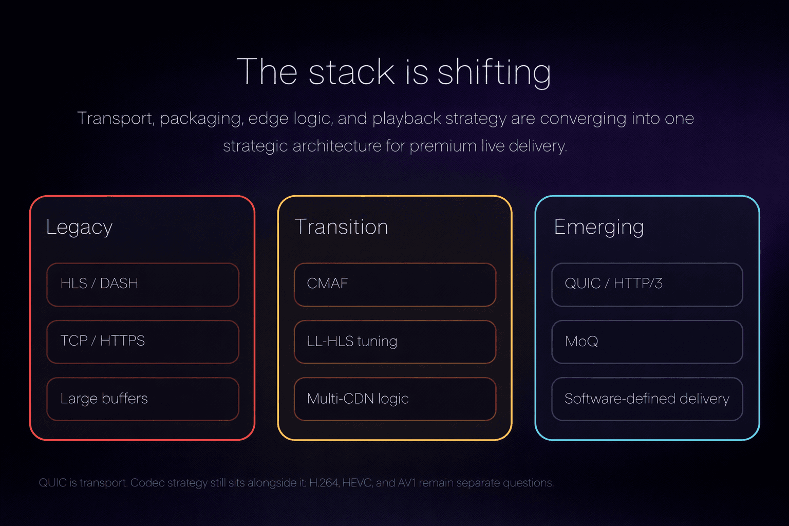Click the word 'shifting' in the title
pos(494,72)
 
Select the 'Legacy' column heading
pos(79,227)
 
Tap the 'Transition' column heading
pos(341,227)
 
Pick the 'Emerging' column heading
pos(598,227)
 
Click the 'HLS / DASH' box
pos(143,285)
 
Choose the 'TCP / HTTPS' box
pos(143,342)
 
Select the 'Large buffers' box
pos(143,399)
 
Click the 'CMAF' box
pos(394,285)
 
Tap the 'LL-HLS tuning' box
pos(394,342)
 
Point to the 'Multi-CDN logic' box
pos(394,399)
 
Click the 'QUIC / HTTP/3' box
pos(647,285)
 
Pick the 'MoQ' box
pos(647,342)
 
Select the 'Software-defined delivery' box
pos(647,399)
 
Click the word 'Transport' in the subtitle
pos(115,119)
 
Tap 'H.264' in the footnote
pos(324,483)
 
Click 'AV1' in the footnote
pos(407,483)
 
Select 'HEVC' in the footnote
pos(358,483)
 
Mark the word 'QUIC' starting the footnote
pos(52,483)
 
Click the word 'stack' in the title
pos(351,72)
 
